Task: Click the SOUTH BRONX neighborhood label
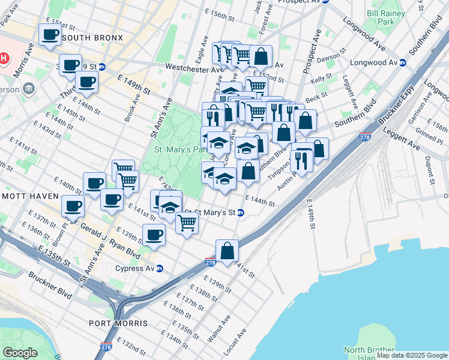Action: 92,38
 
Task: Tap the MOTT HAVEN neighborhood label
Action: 29,196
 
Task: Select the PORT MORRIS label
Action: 118,323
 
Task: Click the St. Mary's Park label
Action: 178,149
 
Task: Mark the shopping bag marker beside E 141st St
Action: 227,251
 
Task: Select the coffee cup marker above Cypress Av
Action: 154,235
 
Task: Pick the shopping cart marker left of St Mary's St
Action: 187,222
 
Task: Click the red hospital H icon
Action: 4,58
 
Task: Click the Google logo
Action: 20,352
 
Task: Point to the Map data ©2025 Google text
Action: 411,355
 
